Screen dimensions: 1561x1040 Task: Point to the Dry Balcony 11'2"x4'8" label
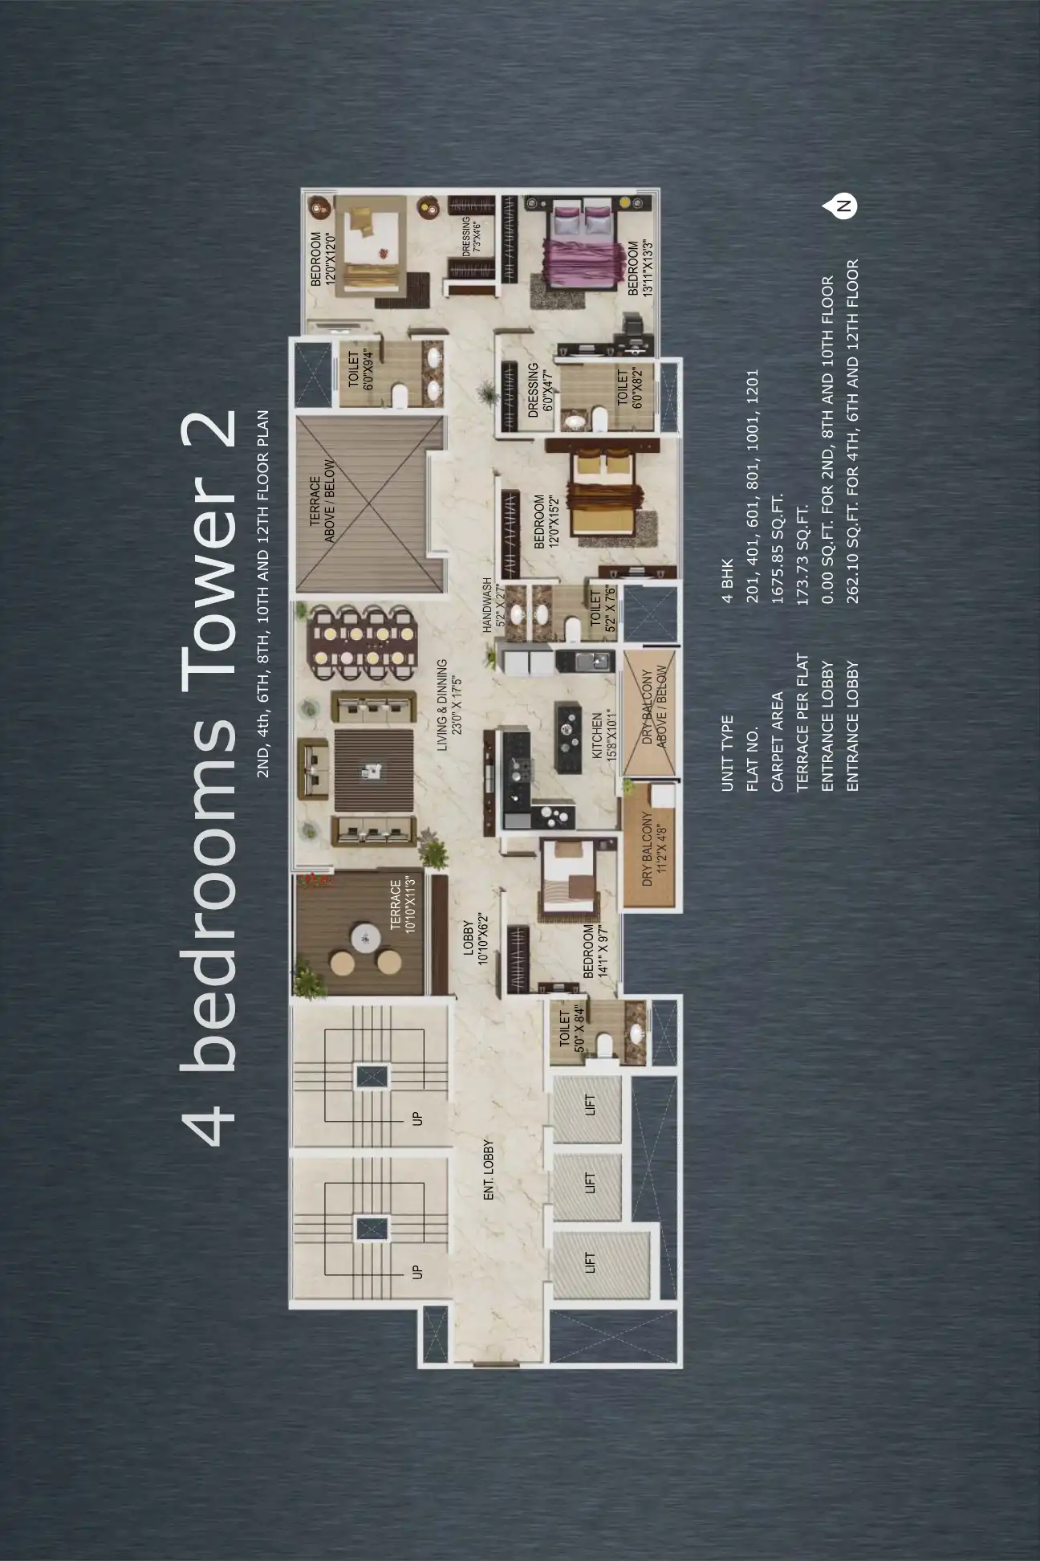(x=652, y=849)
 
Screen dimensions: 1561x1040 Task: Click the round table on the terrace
(x=366, y=937)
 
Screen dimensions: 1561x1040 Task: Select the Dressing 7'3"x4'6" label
(x=471, y=236)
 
